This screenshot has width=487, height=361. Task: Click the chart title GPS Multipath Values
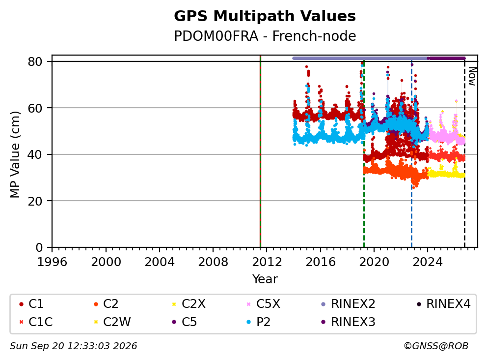click(265, 16)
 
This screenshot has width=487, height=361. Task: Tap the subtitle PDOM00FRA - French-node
click(265, 36)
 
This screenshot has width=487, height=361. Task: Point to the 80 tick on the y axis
click(35, 61)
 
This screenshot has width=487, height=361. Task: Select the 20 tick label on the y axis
click(35, 201)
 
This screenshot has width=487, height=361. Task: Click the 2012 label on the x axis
click(267, 262)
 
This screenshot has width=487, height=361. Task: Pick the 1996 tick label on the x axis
click(52, 262)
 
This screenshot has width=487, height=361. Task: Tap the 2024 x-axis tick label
click(428, 262)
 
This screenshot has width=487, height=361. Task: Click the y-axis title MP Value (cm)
click(15, 154)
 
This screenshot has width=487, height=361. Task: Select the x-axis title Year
click(265, 279)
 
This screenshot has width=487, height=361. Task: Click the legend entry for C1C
click(36, 322)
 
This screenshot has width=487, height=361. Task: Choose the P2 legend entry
click(258, 322)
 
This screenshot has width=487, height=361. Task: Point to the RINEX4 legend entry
click(444, 304)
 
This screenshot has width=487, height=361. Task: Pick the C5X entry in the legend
click(263, 304)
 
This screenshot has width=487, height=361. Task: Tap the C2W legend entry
click(112, 322)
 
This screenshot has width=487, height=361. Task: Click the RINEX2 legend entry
click(348, 304)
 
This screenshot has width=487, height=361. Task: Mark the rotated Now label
click(472, 76)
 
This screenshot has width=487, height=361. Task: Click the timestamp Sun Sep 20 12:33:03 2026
click(73, 346)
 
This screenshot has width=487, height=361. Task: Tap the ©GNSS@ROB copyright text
click(436, 346)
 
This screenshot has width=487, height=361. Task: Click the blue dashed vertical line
click(411, 154)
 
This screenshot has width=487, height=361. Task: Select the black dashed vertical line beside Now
click(464, 154)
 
